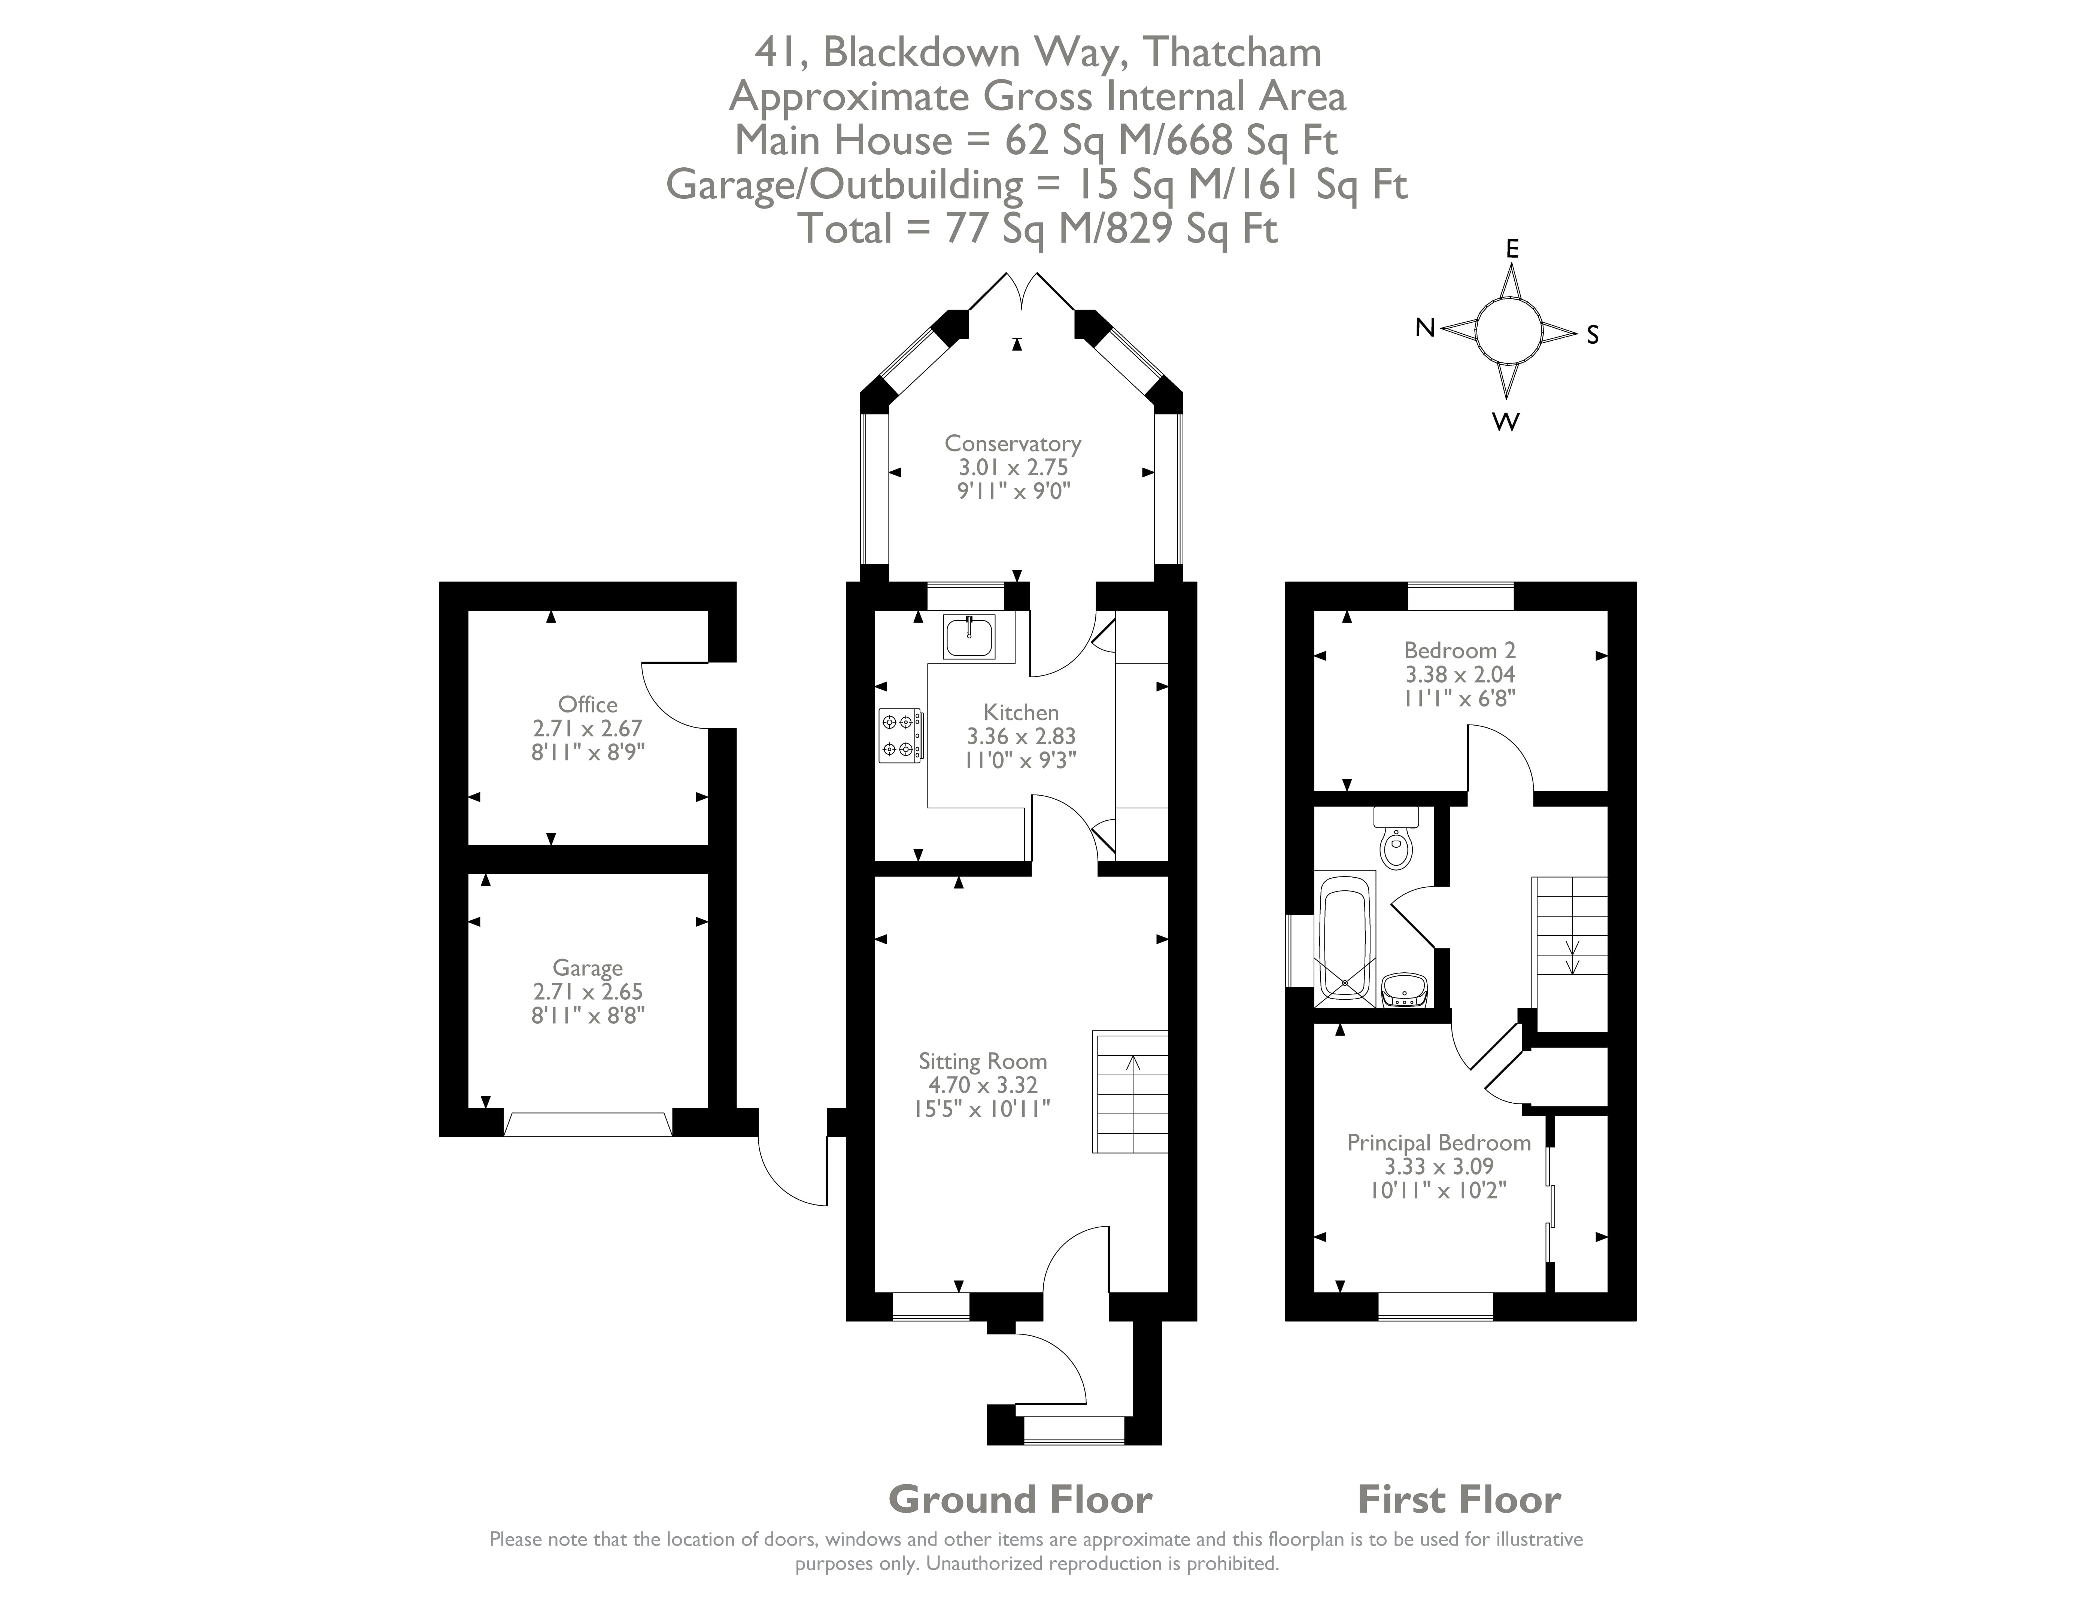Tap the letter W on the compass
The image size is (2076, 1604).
(x=1506, y=422)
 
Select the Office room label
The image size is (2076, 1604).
(x=588, y=704)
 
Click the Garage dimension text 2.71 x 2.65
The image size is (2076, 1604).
(x=588, y=991)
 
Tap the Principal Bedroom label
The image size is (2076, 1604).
(x=1438, y=1142)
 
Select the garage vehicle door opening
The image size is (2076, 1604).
(x=588, y=1124)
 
